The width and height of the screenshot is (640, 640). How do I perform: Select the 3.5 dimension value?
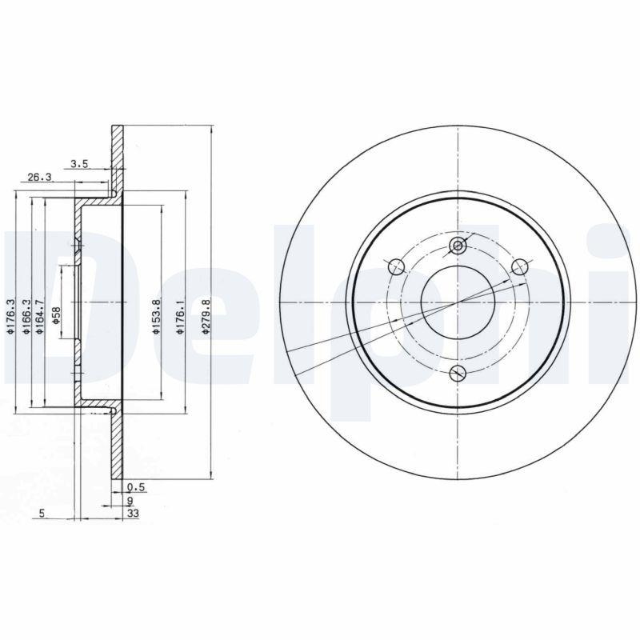point(78,164)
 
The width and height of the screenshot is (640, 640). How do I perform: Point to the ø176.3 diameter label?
point(12,316)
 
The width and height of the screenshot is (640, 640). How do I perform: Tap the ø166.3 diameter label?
point(27,316)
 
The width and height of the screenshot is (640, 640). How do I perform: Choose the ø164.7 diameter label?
point(41,316)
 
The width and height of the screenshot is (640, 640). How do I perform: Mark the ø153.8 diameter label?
point(157,316)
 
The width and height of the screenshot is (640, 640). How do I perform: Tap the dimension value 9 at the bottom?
point(130,501)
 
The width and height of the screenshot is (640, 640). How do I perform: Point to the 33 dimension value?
point(133,514)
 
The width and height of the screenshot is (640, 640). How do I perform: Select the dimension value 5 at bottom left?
point(41,514)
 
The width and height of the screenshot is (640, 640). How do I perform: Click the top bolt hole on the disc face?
point(458,246)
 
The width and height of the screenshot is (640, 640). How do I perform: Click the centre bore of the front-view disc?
point(458,302)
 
